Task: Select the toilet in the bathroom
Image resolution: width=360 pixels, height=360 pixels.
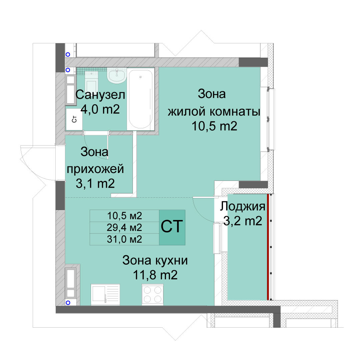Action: pos(91,82)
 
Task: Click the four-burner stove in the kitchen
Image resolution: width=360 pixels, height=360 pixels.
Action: pos(152,295)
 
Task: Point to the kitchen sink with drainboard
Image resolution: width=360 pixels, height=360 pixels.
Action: pos(105,295)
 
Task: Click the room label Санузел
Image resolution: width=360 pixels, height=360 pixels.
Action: pos(100,95)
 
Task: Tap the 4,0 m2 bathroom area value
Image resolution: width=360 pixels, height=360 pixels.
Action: pos(100,109)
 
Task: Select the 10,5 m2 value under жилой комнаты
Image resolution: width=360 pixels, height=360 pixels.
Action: pos(214,126)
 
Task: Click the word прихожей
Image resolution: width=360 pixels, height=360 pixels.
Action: pos(95,169)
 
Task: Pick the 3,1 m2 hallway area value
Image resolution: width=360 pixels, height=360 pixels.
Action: pos(95,184)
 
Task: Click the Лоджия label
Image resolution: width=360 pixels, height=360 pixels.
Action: pos(242,206)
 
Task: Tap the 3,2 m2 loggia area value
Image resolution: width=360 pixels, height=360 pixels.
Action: pos(243,221)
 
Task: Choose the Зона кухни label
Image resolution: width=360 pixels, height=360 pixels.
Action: pos(155,261)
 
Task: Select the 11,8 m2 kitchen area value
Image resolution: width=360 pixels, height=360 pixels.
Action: pos(155,275)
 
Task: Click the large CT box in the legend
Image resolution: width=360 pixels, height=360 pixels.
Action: pos(172,227)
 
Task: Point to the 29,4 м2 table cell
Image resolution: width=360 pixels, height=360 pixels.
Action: pos(124,228)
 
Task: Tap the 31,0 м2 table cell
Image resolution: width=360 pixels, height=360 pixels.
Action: pos(124,239)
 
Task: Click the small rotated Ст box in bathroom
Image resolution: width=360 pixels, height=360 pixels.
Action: pos(74,119)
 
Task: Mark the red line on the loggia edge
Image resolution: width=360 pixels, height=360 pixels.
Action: pos(268,247)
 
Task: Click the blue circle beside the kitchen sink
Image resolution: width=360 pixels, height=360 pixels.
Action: pos(68,303)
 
